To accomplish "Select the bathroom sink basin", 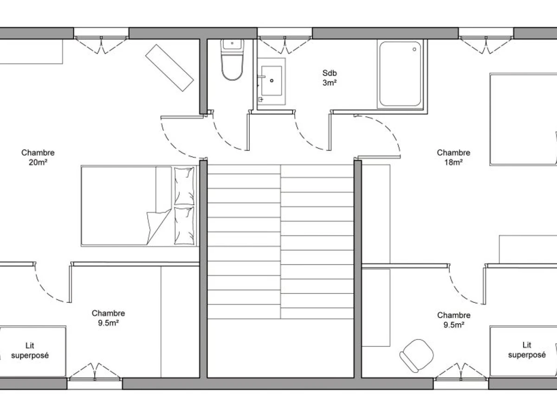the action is tap(272, 81).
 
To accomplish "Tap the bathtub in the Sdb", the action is tap(400, 74).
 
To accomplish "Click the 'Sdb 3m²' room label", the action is tap(330, 78).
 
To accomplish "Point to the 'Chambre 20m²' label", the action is tap(38, 157).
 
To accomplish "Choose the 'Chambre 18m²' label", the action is tap(453, 157).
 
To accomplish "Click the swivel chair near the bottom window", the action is tap(416, 356).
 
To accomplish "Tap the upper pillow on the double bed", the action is tap(184, 186).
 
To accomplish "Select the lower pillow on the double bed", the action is tap(184, 226).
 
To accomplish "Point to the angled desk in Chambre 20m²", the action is tap(169, 68).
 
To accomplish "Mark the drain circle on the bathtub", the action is tap(415, 49).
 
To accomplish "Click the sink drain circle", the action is tap(272, 81).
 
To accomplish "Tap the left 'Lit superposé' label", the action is tap(30, 351).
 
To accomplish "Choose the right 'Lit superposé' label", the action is tap(527, 350).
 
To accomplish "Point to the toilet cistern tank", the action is tap(232, 45).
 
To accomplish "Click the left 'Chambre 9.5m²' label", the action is tap(108, 318).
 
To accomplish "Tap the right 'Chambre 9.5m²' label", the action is tap(453, 320).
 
